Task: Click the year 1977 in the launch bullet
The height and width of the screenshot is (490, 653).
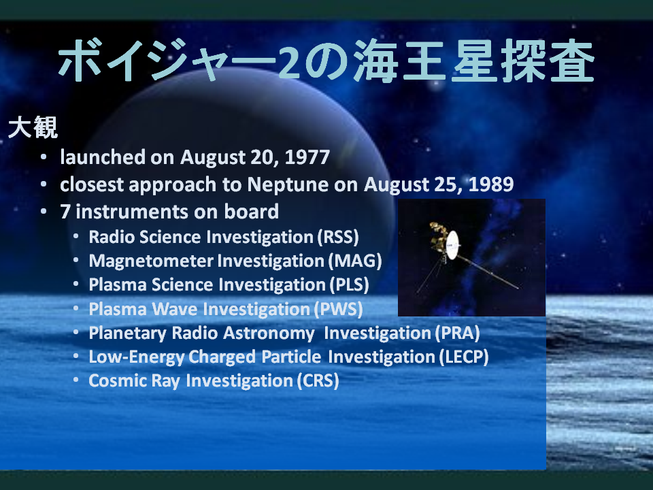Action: click(307, 157)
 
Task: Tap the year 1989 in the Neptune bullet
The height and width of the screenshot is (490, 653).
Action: click(491, 184)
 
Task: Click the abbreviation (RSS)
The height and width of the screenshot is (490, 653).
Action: click(338, 237)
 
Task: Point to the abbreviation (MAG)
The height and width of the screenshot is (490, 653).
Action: click(355, 261)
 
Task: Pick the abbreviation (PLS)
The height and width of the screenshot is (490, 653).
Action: click(350, 285)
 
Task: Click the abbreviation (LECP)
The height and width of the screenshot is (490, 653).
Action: click(464, 357)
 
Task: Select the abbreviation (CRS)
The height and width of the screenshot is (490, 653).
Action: click(318, 381)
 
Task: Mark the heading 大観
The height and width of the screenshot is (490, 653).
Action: click(33, 127)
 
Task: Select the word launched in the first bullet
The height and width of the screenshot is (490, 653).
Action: click(103, 157)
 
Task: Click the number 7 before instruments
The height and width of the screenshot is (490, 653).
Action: click(65, 212)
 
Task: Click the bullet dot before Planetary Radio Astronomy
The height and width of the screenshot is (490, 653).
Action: click(76, 333)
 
